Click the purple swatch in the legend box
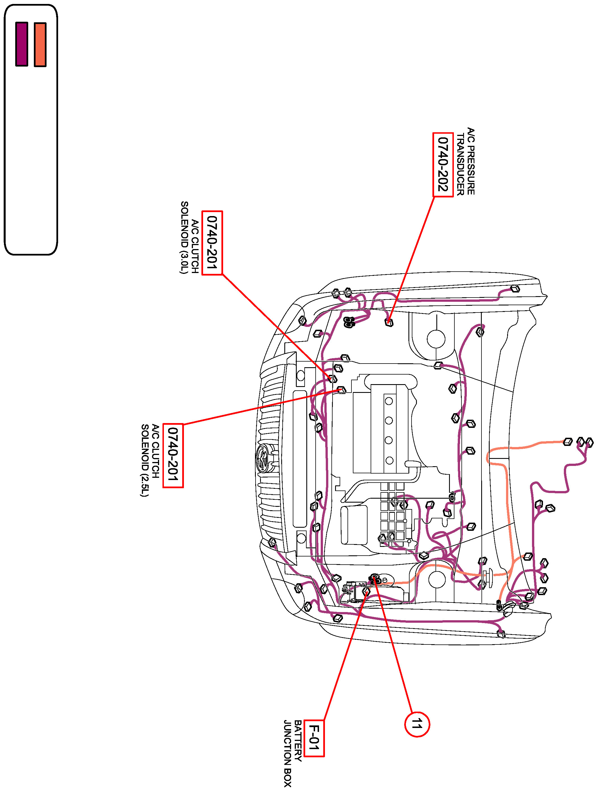click(x=22, y=44)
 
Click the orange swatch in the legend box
click(x=40, y=45)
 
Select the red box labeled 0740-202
click(x=443, y=164)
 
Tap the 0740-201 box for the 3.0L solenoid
click(x=212, y=243)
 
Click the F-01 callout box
click(x=314, y=738)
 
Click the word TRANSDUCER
click(x=460, y=164)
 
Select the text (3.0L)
click(x=184, y=260)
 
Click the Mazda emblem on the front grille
click(x=262, y=458)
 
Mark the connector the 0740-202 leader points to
click(x=389, y=322)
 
